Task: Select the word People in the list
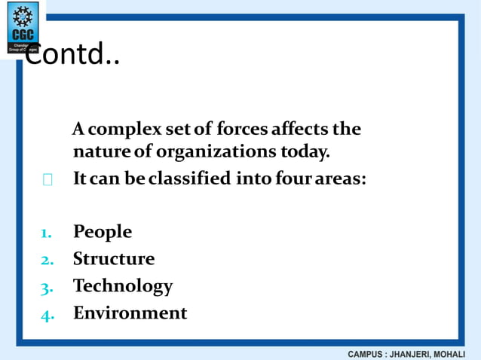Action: pyautogui.click(x=103, y=232)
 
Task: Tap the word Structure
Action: pyautogui.click(x=114, y=259)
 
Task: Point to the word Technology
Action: pyautogui.click(x=123, y=286)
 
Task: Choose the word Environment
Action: pyautogui.click(x=130, y=313)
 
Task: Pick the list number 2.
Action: pyautogui.click(x=46, y=260)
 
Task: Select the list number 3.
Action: pyautogui.click(x=46, y=287)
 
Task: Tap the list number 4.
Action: pyautogui.click(x=46, y=314)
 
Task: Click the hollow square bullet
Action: pyautogui.click(x=47, y=181)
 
